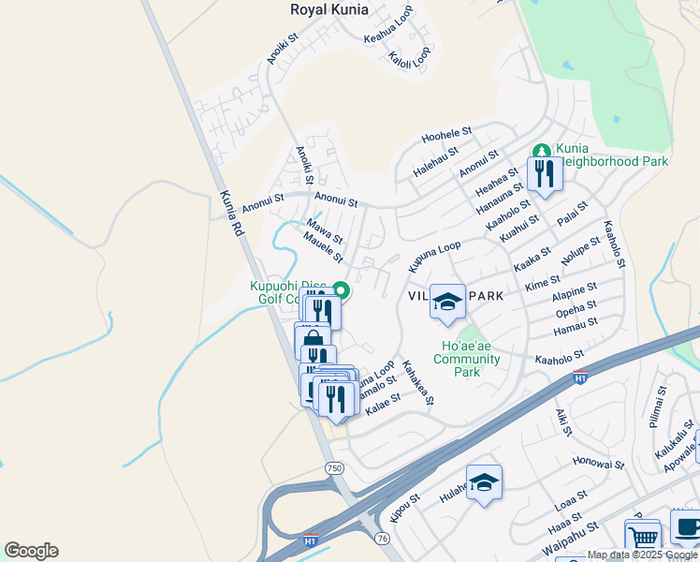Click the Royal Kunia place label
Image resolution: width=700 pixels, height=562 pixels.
328,10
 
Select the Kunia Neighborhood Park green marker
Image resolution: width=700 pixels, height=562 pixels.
541,151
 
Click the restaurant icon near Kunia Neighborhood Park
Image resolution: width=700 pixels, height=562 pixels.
543,172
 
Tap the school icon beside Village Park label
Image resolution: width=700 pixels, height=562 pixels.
447,303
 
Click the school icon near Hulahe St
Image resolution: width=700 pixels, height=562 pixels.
484,482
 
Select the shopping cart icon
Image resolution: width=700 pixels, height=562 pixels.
642,538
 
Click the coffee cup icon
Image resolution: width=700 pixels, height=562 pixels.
686,526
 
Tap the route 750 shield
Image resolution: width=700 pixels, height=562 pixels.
334,467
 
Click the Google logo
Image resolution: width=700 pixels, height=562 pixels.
31,551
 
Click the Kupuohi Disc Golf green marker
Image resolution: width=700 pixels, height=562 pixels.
343,290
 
